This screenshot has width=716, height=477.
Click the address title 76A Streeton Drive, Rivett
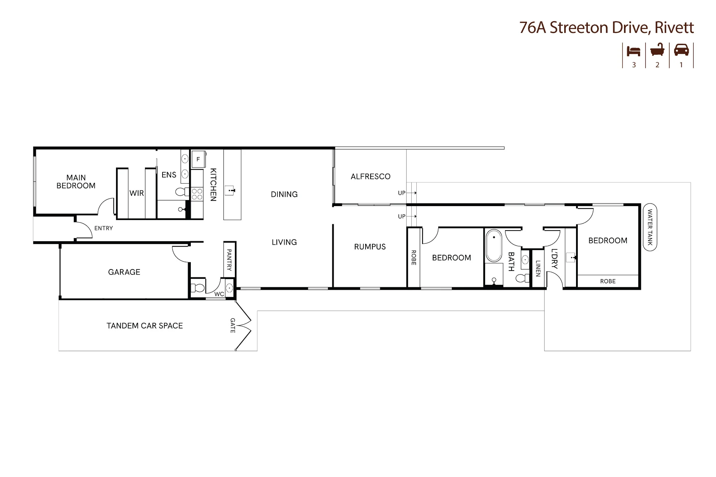606,28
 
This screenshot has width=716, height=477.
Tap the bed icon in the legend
634,51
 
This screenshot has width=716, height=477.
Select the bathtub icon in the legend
657,50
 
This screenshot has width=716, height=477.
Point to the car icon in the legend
681,50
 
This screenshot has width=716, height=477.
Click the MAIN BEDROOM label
76,182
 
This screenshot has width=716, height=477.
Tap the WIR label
137,193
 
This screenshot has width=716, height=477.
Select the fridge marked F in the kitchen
198,159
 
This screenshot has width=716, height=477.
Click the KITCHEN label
213,185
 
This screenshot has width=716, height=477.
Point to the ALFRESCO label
371,176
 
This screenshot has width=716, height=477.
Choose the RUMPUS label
370,247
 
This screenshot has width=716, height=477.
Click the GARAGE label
124,272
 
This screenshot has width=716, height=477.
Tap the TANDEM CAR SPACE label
145,326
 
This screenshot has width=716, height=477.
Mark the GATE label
233,325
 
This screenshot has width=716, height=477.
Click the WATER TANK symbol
650,227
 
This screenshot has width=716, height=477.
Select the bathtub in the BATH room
494,246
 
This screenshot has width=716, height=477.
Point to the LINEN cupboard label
538,268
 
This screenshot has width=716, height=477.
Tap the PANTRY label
229,260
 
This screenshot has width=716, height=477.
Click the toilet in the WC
198,288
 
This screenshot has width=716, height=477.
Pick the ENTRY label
103,228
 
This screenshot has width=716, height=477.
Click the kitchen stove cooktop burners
197,194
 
